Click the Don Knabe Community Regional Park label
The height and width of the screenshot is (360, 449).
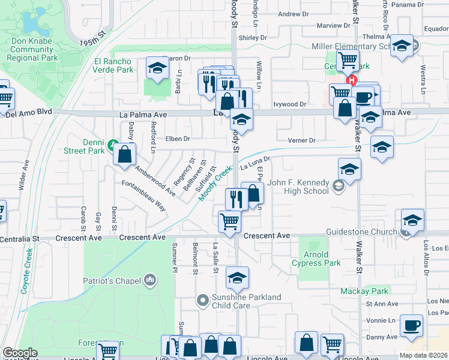[x=32, y=50]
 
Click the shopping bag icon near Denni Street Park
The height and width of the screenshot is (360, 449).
[x=124, y=154]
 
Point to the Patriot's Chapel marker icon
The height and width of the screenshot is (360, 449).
[x=150, y=279]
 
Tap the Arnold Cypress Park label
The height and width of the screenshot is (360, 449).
[x=317, y=259]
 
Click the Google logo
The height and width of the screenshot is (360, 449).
[x=20, y=353]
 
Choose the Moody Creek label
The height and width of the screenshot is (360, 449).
[x=215, y=184]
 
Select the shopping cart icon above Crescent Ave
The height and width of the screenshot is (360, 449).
[x=230, y=221]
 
